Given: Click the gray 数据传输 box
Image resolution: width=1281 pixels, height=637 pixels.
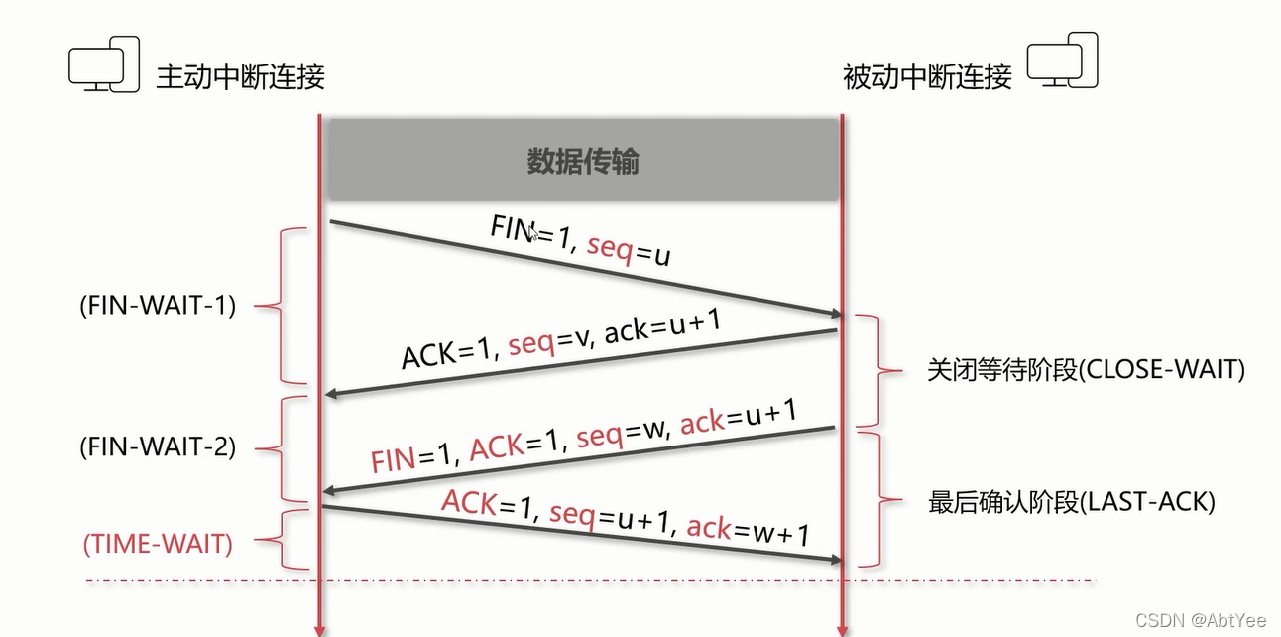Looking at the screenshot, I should coord(583,161).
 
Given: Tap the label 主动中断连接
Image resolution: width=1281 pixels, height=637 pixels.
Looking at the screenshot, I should coord(240,76).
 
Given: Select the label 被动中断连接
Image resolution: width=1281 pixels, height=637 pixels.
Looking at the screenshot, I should coord(927,76).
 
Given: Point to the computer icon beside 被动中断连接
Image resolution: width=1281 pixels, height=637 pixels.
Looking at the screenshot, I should coord(1062,61).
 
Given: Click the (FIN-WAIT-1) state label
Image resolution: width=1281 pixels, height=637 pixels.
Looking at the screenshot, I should coord(158,306).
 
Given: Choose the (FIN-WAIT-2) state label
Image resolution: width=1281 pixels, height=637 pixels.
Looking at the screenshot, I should coord(158,447).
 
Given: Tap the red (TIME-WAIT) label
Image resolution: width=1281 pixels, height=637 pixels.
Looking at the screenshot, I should coord(158,544).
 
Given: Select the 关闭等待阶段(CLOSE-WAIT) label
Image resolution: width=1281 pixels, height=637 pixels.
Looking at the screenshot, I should coord(1086,370).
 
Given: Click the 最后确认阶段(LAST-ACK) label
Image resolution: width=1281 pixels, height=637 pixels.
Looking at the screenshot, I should coord(1071,502).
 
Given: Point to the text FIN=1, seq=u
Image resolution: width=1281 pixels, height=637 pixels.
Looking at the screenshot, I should coord(580,241).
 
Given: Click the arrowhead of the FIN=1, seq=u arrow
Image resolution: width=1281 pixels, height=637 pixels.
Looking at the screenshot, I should coord(834,314).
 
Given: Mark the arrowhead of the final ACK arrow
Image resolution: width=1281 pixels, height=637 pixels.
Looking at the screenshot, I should coord(834,562).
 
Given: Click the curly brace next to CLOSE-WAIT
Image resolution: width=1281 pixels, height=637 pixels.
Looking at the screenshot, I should coord(879,370).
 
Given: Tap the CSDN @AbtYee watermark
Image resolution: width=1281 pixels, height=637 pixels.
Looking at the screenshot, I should coord(1201,620).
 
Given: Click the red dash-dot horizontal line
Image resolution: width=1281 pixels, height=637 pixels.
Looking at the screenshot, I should coord(595,579).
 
